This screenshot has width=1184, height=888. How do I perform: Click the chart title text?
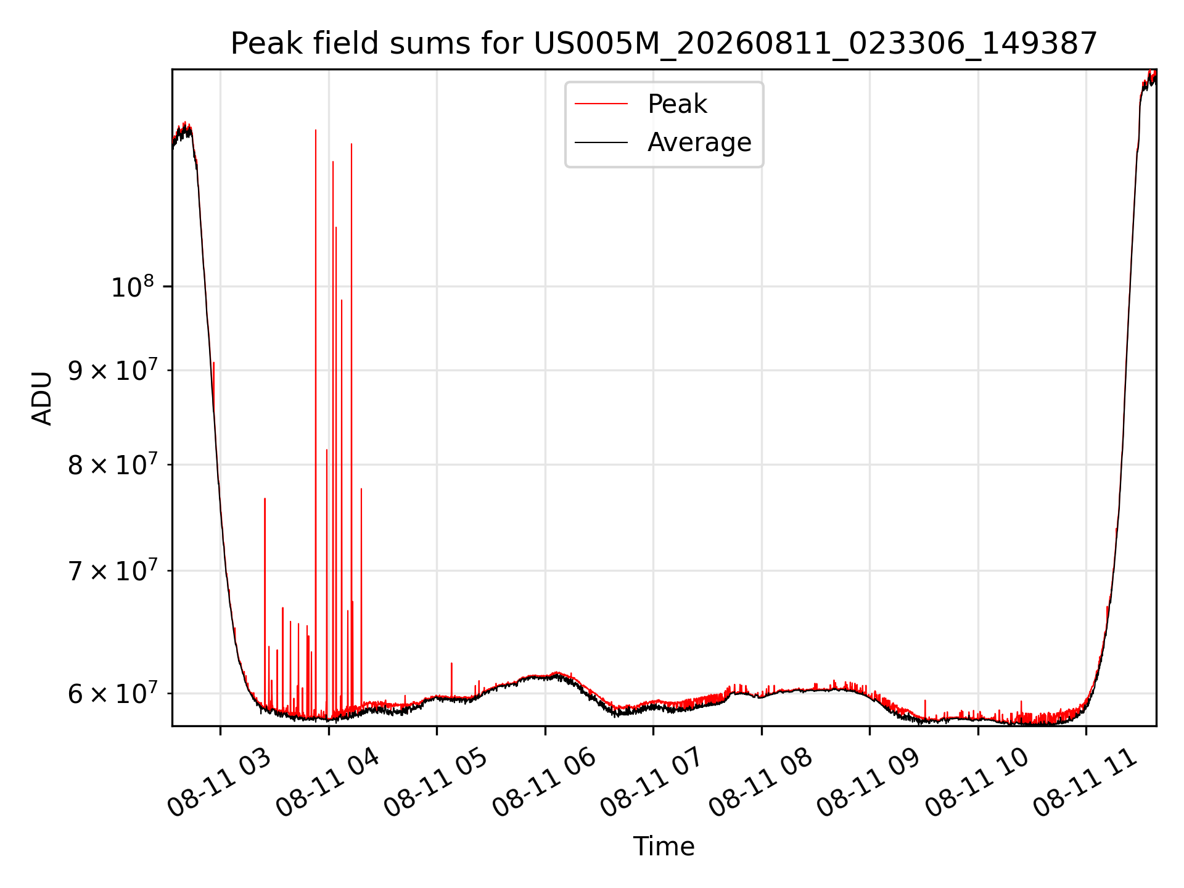tap(664, 44)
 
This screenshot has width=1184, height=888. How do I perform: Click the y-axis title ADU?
tap(42, 398)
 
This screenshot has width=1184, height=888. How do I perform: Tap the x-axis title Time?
tap(664, 847)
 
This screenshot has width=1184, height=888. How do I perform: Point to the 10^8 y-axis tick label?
tap(132, 287)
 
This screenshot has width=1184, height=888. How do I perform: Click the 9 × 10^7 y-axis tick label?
tap(113, 371)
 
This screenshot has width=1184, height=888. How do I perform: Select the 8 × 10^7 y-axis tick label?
tap(113, 464)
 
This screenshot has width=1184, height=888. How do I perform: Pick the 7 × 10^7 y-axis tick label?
tap(113, 570)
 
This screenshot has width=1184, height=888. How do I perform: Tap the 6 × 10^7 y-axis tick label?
tap(113, 693)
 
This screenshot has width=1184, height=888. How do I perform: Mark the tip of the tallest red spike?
tap(316, 129)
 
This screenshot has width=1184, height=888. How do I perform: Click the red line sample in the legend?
tap(601, 104)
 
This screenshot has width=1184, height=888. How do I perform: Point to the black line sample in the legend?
tap(601, 142)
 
